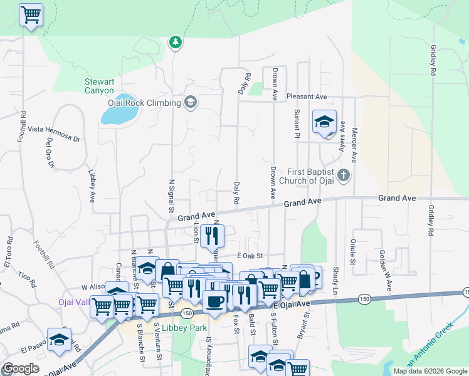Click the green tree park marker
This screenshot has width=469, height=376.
tap(176, 42)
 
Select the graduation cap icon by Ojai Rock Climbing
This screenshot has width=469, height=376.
tap(191, 103)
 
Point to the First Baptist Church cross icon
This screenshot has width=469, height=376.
tap(343, 175)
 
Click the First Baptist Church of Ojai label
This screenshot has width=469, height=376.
tap(312, 176)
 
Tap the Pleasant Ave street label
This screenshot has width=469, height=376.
tap(307, 97)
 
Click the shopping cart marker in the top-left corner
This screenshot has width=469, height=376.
tap(31, 14)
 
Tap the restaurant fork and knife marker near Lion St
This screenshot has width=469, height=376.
tap(212, 236)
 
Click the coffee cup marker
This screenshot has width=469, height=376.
tap(214, 301)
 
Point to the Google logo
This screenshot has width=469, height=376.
tap(21, 368)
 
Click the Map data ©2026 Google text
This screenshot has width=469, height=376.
tap(430, 371)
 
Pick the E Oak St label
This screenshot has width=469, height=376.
tap(251, 256)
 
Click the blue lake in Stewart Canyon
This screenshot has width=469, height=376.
tap(119, 114)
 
